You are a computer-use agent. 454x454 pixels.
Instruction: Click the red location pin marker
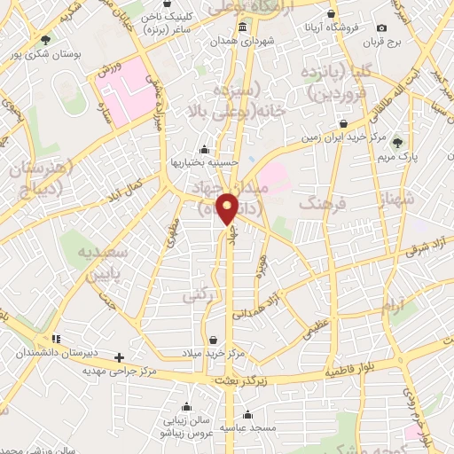tap(228, 208)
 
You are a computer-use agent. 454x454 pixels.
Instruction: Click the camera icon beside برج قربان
tap(381, 28)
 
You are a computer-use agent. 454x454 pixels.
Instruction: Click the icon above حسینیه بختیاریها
tap(205, 150)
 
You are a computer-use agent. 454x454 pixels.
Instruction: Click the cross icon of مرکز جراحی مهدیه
tap(120, 357)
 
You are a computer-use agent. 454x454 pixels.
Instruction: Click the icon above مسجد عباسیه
tap(247, 414)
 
